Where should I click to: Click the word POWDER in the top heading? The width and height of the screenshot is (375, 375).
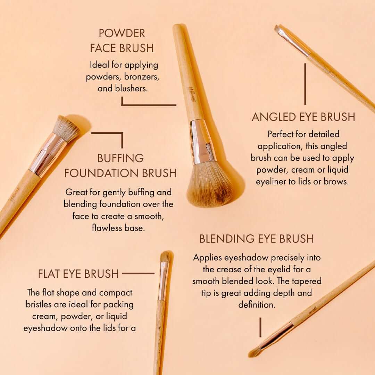pyautogui.click(x=122, y=33)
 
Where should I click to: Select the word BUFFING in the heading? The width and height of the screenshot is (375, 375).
pyautogui.click(x=120, y=158)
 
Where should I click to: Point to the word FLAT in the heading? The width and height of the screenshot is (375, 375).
pyautogui.click(x=49, y=274)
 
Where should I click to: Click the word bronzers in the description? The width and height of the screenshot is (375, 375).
pyautogui.click(x=141, y=77)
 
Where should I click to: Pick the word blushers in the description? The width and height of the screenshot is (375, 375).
pyautogui.click(x=131, y=89)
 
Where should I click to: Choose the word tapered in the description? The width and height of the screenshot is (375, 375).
pyautogui.click(x=307, y=282)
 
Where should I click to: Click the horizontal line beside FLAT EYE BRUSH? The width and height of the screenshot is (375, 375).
pyautogui.click(x=138, y=273)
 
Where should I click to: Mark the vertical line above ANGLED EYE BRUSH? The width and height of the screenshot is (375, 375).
pyautogui.click(x=305, y=84)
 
